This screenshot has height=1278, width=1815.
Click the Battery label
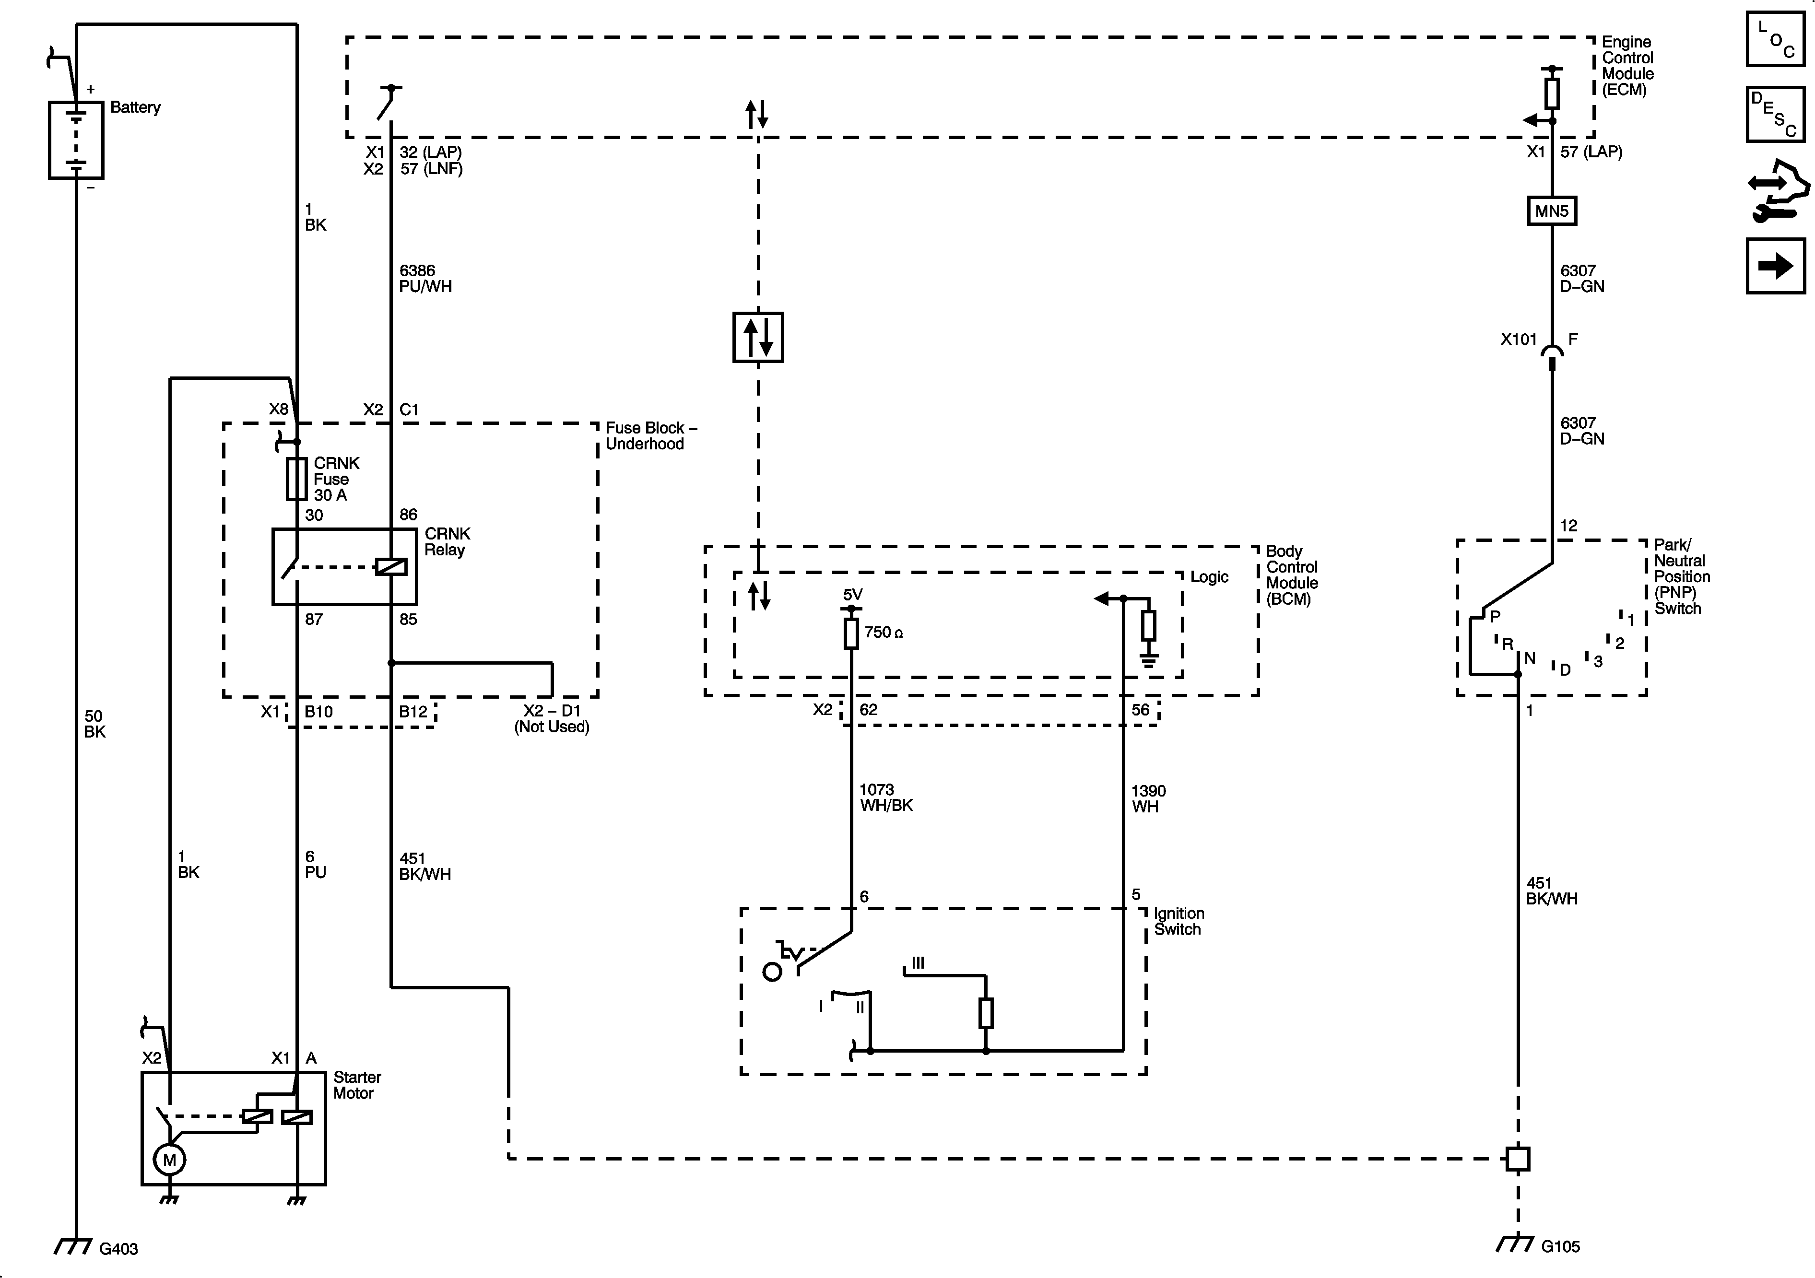135,107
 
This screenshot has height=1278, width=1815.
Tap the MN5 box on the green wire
1551,211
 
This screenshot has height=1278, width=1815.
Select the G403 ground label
118,1249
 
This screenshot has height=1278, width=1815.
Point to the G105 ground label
1560,1246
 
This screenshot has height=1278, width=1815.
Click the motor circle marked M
169,1160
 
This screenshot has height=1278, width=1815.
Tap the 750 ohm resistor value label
883,632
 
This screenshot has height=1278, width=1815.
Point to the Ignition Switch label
1178,922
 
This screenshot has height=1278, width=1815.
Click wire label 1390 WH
1148,799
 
